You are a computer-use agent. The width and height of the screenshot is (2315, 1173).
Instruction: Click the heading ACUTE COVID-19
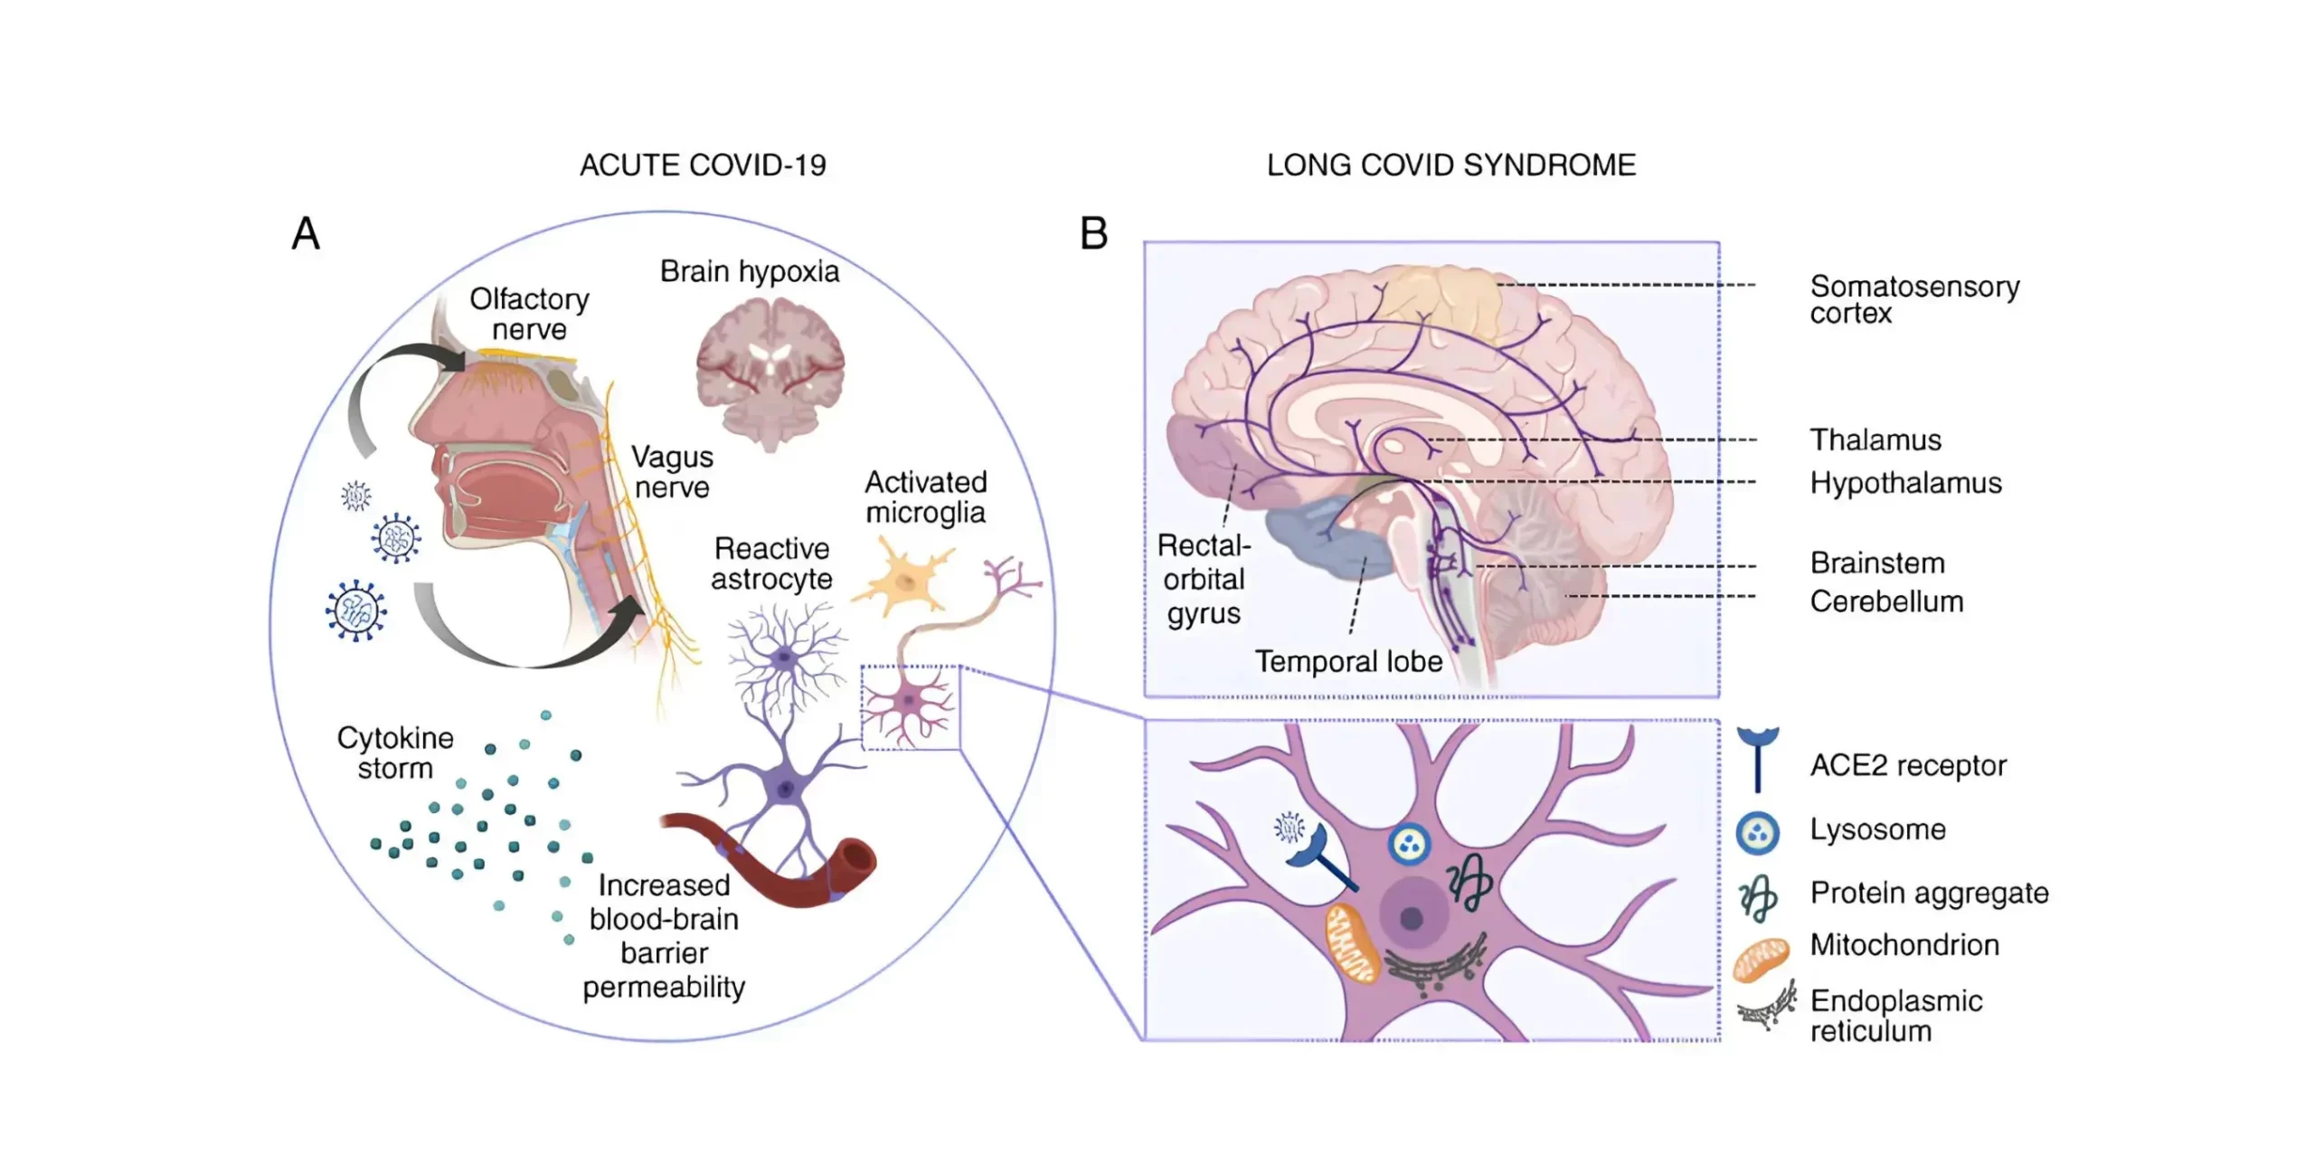click(703, 166)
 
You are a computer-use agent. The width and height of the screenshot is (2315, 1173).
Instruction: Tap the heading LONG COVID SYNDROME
click(1450, 166)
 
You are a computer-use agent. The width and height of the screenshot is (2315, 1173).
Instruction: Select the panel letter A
click(306, 233)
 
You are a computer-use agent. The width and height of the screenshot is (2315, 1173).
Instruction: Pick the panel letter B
click(1093, 233)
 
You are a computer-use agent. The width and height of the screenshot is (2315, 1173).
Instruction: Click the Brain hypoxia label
click(749, 271)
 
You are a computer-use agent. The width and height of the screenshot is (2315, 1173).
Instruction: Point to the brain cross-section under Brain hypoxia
click(770, 371)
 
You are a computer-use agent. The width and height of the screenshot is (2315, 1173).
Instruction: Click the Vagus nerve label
click(672, 472)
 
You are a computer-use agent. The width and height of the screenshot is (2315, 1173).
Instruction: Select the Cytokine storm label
click(395, 752)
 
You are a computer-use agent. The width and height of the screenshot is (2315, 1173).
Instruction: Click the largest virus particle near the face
click(355, 610)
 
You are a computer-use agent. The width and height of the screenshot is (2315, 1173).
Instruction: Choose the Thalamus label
click(1876, 440)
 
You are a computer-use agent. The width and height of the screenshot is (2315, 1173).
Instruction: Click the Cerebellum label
click(1886, 601)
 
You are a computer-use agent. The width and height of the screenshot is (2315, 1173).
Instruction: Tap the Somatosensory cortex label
click(1913, 299)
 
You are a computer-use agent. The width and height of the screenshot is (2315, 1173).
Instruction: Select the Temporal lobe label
click(1347, 661)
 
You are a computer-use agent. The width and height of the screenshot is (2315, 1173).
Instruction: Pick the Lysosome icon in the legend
click(1757, 832)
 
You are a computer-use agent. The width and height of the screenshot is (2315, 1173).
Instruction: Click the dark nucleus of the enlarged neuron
click(1412, 919)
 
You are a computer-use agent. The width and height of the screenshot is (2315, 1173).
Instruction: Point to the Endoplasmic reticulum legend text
click(1895, 1016)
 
